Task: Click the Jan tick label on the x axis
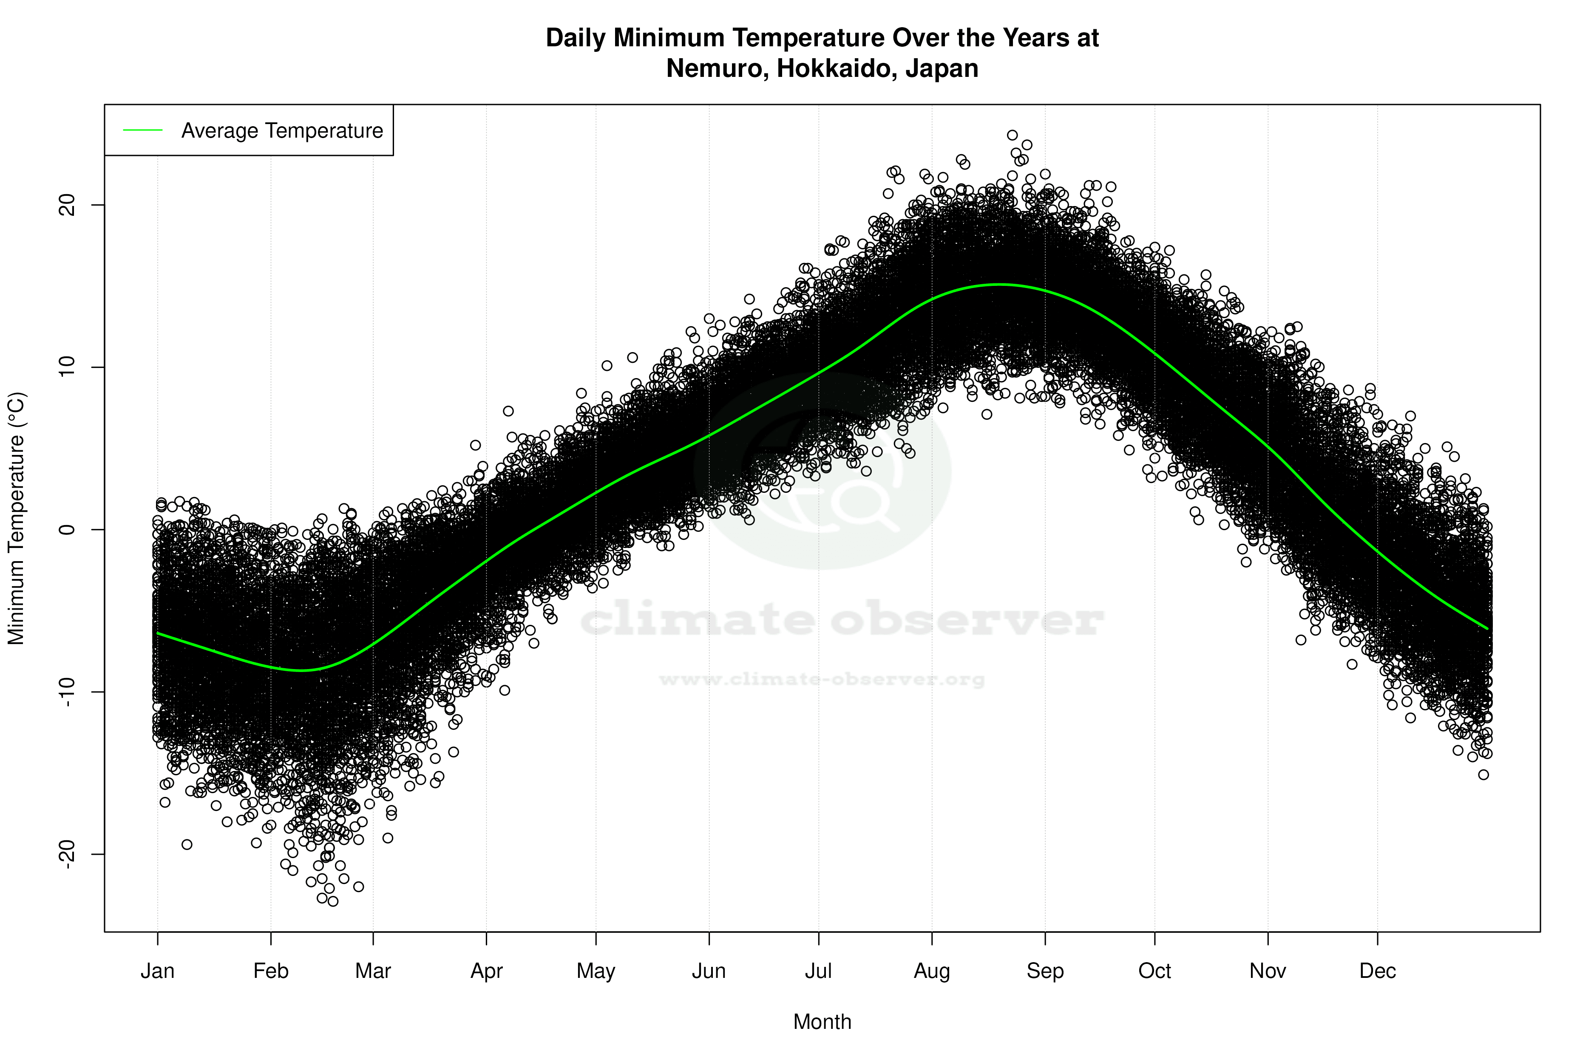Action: tap(157, 971)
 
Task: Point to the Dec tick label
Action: tap(1377, 971)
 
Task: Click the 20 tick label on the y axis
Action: tap(66, 205)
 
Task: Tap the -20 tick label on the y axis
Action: tap(66, 854)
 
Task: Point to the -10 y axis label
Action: tap(66, 692)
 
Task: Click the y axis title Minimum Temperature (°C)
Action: tap(16, 518)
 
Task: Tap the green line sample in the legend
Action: tap(143, 130)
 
